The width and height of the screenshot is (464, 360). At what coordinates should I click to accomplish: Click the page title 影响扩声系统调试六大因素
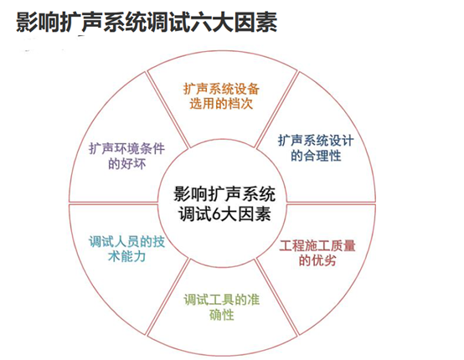click(147, 22)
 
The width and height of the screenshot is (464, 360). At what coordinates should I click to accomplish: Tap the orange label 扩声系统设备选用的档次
click(221, 96)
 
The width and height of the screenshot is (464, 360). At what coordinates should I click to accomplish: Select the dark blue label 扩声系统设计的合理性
click(316, 148)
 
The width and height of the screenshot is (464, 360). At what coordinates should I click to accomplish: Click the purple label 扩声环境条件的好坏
click(127, 156)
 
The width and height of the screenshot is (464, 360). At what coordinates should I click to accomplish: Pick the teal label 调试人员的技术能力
click(127, 249)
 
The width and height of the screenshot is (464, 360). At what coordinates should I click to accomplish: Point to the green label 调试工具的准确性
click(222, 307)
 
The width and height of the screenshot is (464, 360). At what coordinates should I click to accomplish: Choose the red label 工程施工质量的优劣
click(317, 253)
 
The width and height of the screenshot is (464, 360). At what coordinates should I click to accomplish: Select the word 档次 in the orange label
click(240, 104)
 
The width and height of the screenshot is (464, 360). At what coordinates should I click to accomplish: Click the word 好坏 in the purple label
click(133, 163)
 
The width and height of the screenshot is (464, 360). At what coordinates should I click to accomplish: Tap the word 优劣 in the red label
click(323, 260)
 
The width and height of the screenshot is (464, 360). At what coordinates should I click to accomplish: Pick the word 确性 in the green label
click(222, 315)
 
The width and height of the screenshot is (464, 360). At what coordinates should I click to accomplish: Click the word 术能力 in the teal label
click(127, 256)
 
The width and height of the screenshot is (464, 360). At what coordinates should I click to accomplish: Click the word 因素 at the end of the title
click(256, 22)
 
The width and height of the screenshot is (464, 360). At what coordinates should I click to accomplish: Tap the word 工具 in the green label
click(222, 300)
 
